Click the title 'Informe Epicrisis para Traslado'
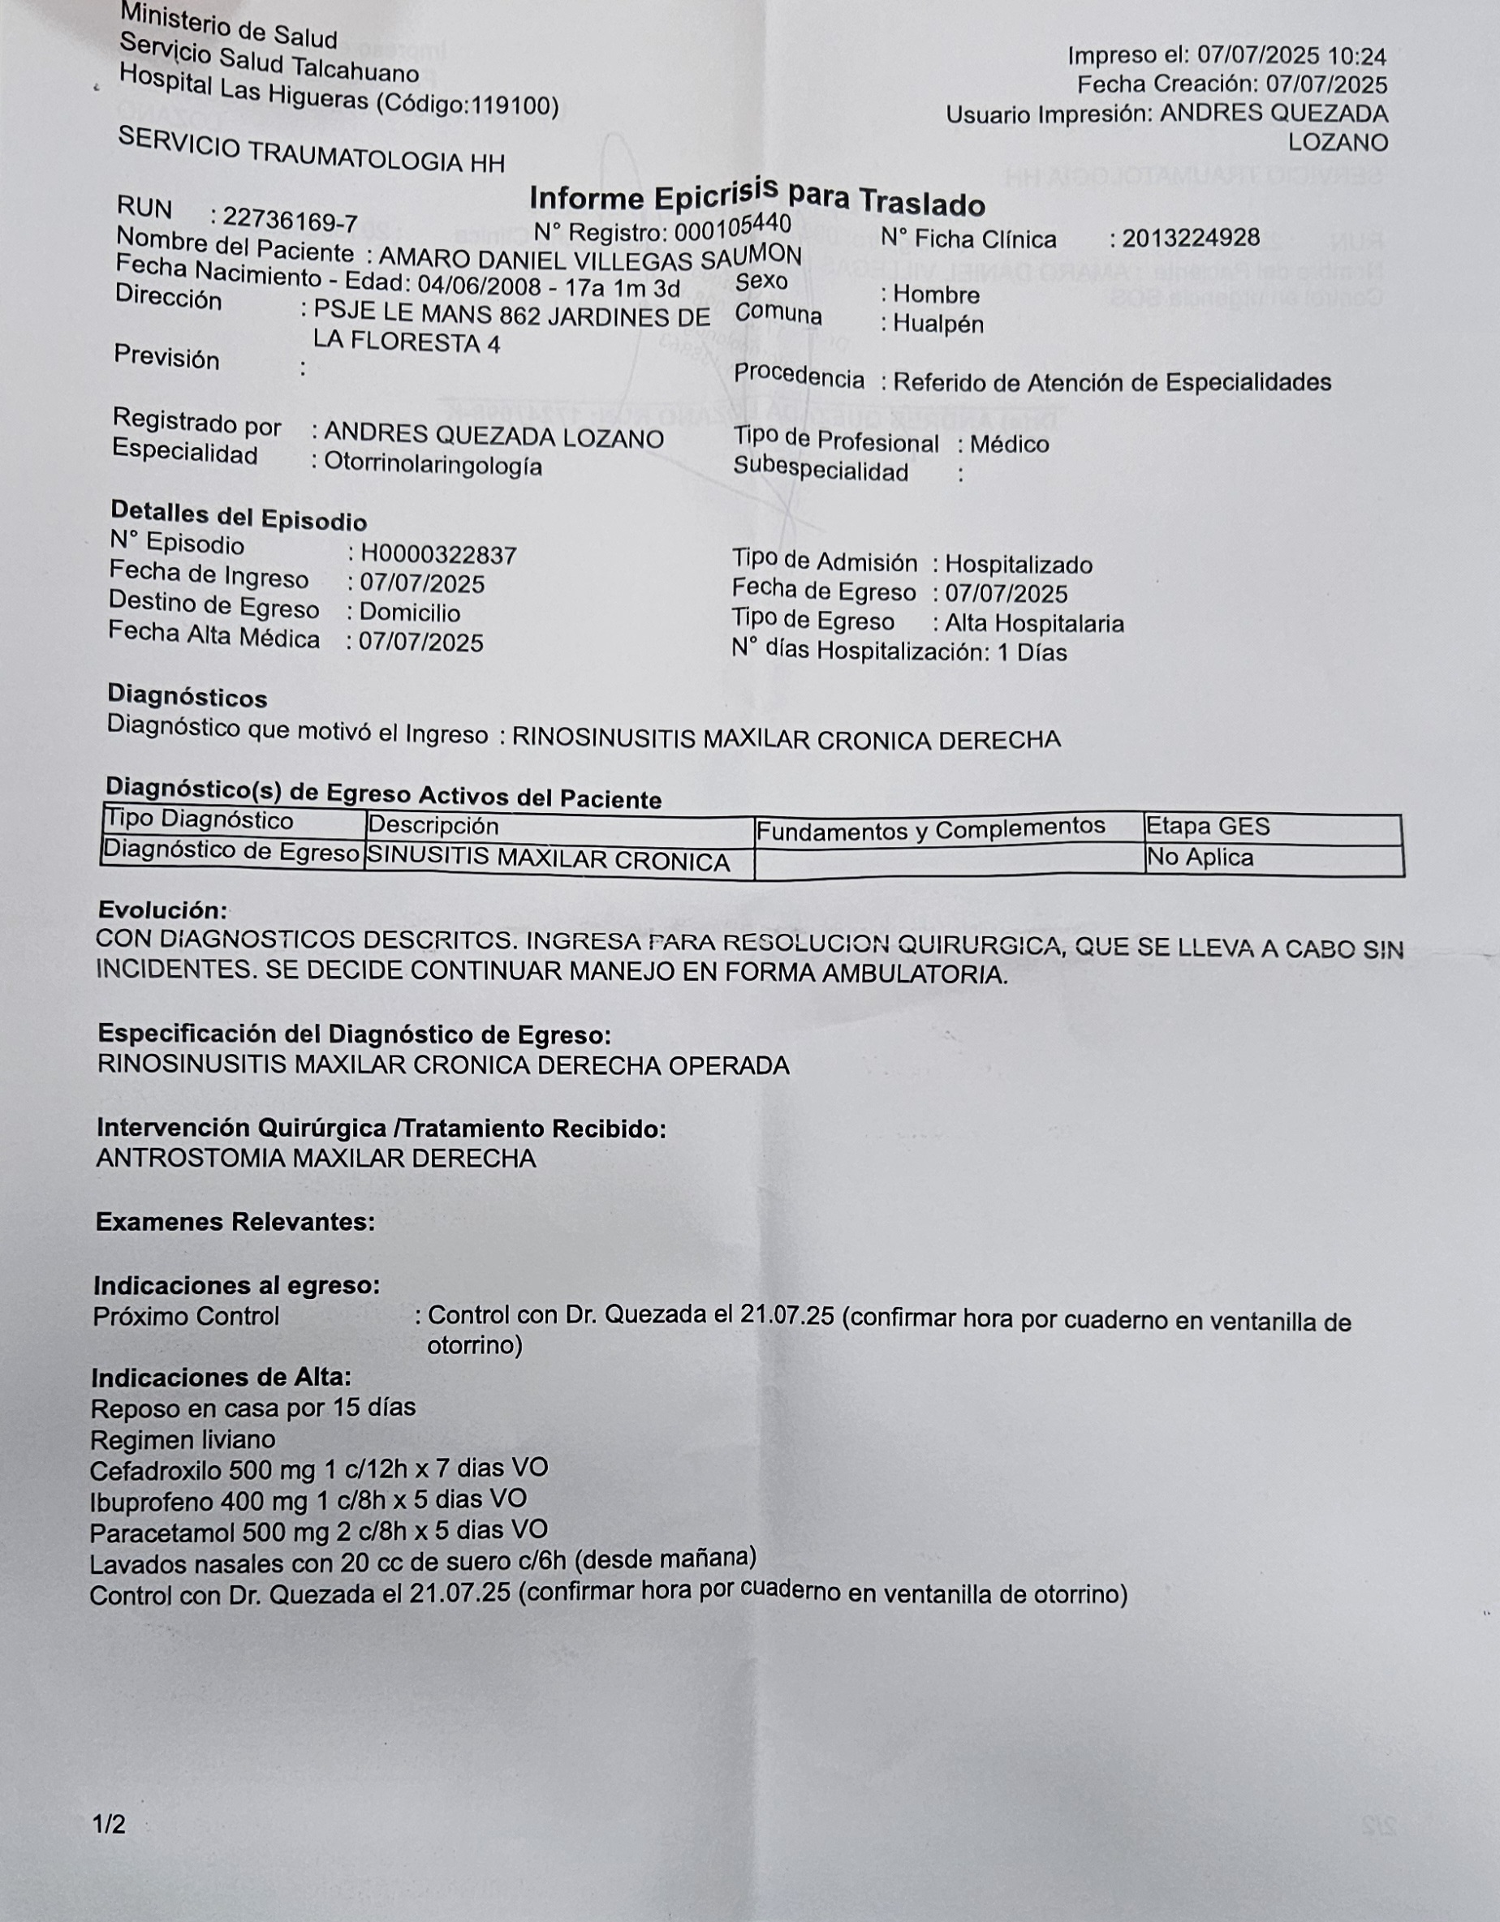pos(756,197)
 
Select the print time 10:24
pos(1356,58)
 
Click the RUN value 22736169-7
pos(290,219)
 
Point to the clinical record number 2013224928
pos(1190,238)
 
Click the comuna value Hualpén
pos(937,324)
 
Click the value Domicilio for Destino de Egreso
pos(409,613)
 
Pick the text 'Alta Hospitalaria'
pos(1034,624)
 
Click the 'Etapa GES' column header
pos(1208,827)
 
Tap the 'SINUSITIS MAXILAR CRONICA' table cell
pos(549,858)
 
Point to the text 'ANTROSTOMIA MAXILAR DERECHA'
pos(316,1158)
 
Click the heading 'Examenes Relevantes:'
pos(235,1222)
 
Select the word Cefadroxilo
pos(156,1469)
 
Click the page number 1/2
pos(109,1825)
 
